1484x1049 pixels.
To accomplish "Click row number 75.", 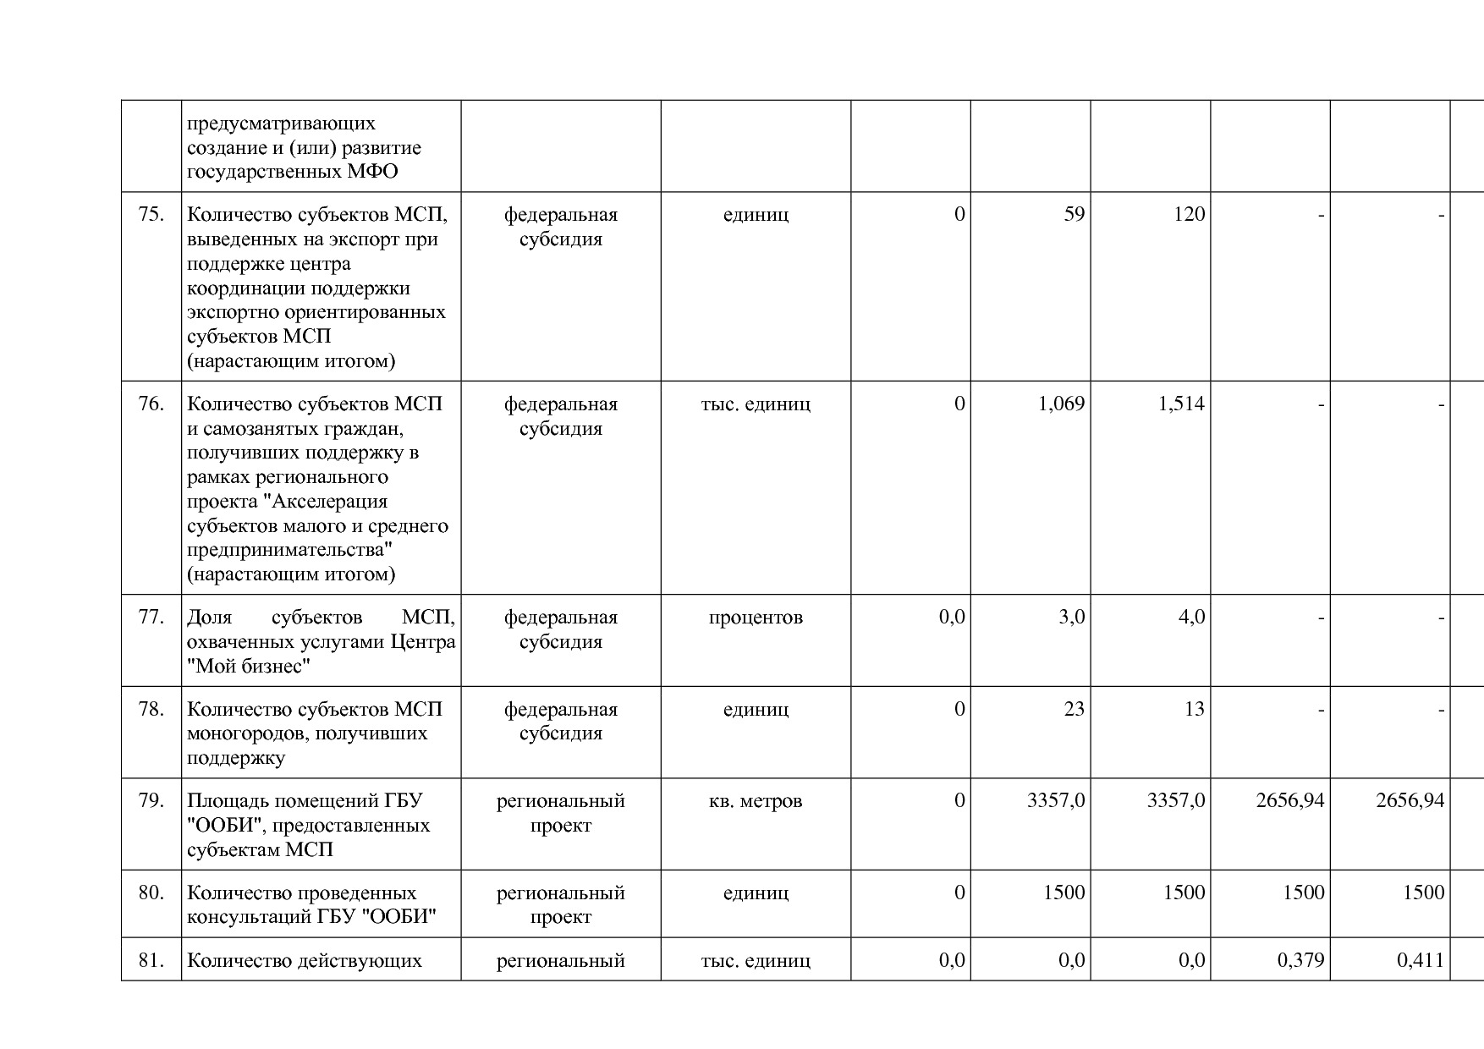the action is click(x=151, y=215).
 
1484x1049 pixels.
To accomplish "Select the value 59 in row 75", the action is click(x=1074, y=215).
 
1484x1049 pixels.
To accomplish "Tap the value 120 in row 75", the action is click(x=1189, y=215).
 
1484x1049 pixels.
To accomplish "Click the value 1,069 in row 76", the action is click(x=1061, y=404).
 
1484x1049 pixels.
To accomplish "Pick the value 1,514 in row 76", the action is click(x=1181, y=404).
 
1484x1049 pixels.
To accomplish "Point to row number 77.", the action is click(x=151, y=618).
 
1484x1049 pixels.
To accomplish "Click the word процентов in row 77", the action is click(x=756, y=618).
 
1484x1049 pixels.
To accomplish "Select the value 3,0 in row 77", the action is click(x=1071, y=618).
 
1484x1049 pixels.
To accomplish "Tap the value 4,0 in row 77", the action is click(x=1191, y=618).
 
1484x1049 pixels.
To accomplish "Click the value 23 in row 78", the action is click(x=1074, y=709).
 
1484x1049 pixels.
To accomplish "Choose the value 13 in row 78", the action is click(x=1194, y=709).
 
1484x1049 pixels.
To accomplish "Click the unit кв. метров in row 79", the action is click(x=756, y=800).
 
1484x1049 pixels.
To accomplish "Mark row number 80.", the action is click(x=151, y=892).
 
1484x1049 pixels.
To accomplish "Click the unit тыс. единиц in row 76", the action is click(x=756, y=404).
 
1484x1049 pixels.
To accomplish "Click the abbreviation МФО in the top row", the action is click(x=373, y=172).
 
